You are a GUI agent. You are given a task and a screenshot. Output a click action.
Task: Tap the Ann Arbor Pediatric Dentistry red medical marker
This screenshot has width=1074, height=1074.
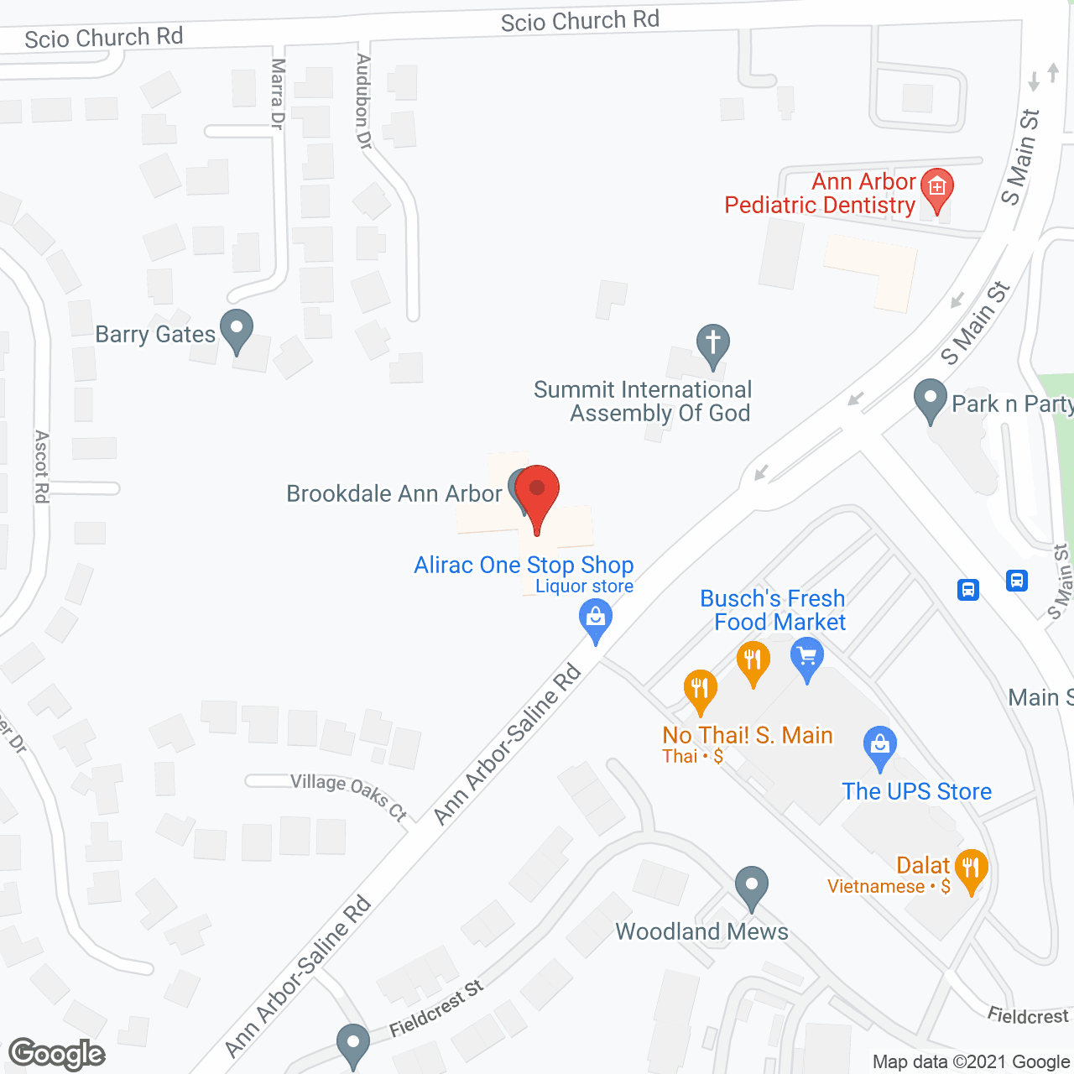[x=936, y=189]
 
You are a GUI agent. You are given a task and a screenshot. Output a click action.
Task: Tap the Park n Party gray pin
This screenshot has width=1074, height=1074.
[x=930, y=400]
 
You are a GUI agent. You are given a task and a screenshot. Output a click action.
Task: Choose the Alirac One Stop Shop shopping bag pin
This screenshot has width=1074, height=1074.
[x=596, y=621]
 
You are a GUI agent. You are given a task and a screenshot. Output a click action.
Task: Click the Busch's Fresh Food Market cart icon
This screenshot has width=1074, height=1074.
[x=807, y=657]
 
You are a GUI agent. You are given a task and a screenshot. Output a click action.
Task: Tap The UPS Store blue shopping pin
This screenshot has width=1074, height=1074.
[x=879, y=746]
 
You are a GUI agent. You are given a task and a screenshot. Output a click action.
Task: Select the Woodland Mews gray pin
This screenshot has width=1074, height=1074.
[x=752, y=886]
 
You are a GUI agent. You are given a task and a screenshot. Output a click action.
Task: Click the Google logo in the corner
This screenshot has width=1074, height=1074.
[x=57, y=1054]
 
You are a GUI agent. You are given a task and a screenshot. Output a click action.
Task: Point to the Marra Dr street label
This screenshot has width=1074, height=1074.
[x=278, y=93]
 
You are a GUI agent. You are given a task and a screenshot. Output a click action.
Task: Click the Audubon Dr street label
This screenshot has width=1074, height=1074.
[x=363, y=102]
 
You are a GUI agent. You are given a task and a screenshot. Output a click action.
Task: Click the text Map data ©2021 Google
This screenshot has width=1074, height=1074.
[x=971, y=1062]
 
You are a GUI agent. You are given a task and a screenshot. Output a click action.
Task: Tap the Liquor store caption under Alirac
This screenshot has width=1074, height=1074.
[x=585, y=587]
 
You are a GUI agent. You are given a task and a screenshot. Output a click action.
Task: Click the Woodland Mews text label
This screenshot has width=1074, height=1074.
[x=701, y=931]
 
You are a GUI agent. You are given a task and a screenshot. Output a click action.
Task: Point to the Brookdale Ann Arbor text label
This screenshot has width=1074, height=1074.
[x=394, y=493]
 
